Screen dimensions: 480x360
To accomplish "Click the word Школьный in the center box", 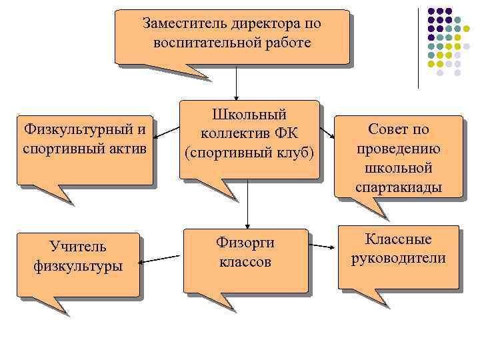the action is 248,114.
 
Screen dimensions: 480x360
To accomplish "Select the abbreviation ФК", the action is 293,133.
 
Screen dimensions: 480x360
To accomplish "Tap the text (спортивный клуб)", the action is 248,153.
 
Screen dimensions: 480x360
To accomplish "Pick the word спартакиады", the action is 399,187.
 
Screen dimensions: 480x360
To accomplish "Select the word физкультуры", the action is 78,266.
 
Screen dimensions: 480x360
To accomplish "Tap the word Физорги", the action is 245,242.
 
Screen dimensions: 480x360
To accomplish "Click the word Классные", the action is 399,239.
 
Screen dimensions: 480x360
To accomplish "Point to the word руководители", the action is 399,258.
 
